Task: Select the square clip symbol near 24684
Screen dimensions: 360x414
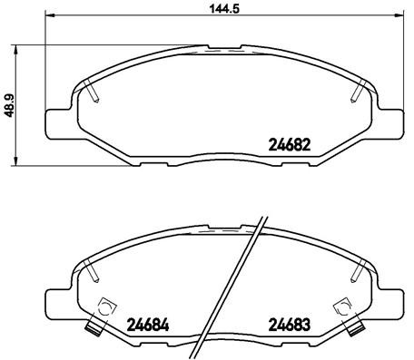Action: click(x=106, y=306)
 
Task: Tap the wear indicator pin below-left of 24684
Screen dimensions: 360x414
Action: click(x=92, y=330)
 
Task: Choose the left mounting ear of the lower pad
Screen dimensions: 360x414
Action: click(x=55, y=299)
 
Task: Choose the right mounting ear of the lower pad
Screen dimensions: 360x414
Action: click(x=396, y=299)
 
